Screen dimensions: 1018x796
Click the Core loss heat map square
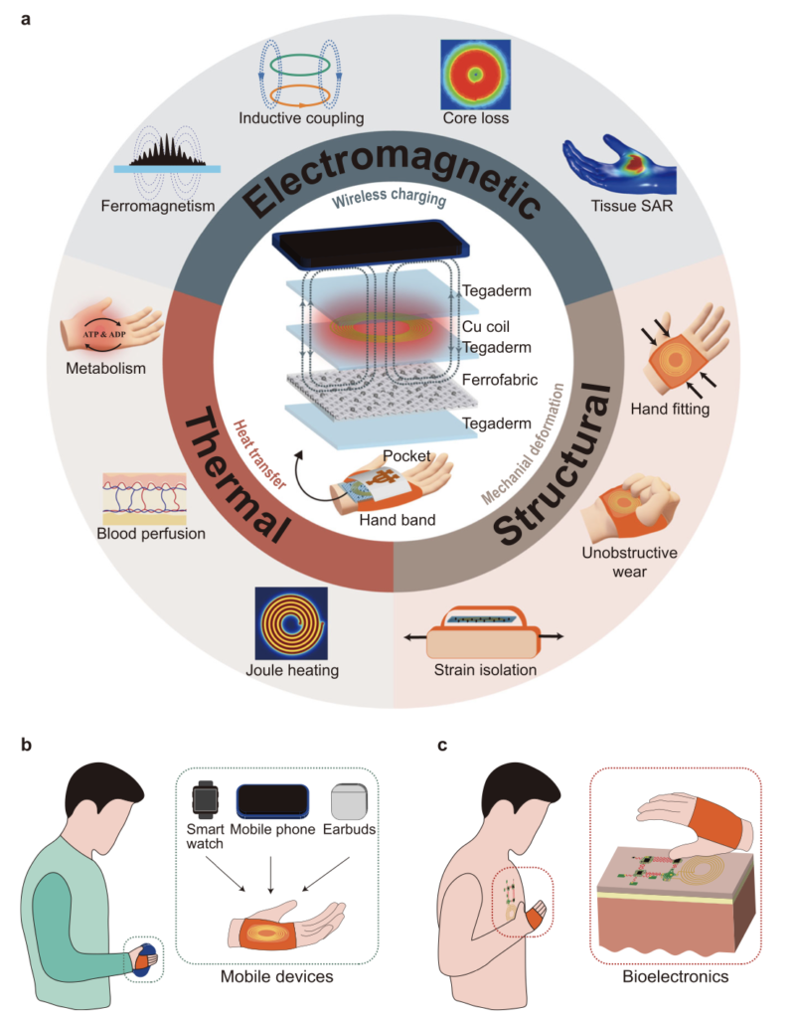[475, 74]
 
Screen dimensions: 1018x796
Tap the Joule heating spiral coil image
[291, 623]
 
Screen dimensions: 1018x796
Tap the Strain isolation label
[486, 669]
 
